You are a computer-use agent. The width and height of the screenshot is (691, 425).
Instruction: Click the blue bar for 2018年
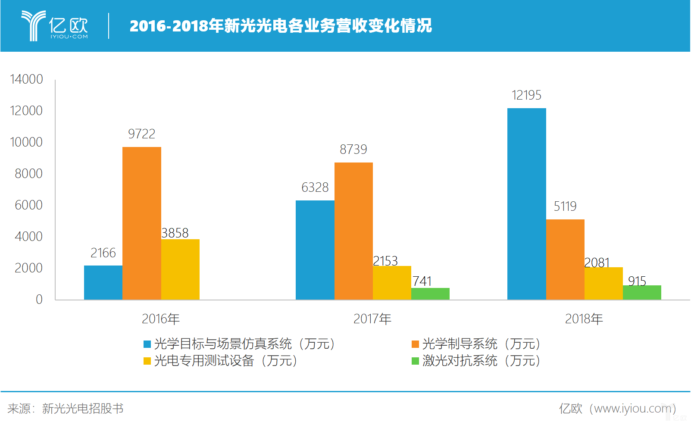(526, 203)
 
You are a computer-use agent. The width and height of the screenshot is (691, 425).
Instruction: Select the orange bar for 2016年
(141, 223)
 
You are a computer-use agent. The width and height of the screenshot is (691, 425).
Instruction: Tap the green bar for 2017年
(430, 294)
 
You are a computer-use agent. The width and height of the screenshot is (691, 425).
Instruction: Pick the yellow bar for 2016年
(180, 269)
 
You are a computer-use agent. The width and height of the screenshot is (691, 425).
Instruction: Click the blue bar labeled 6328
(315, 250)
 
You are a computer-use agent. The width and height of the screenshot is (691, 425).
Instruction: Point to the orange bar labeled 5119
(565, 259)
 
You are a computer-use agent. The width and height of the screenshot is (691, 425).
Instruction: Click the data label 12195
(526, 95)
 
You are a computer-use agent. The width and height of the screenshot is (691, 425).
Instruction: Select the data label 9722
(141, 134)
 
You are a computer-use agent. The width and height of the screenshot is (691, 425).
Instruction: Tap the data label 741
(422, 281)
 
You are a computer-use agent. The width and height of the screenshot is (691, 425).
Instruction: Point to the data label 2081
(597, 262)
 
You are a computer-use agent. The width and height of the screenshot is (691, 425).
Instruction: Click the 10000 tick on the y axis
(26, 142)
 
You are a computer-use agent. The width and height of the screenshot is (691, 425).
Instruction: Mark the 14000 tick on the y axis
(26, 79)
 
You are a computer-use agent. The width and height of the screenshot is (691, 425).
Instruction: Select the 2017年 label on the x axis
(372, 319)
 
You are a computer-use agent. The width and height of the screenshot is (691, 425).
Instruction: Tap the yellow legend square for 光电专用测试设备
(147, 361)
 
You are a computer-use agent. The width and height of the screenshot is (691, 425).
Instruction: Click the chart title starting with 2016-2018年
(281, 26)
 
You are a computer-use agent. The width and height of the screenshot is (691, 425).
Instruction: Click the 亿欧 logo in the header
(55, 26)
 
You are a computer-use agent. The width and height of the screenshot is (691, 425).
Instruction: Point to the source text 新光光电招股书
(83, 409)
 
